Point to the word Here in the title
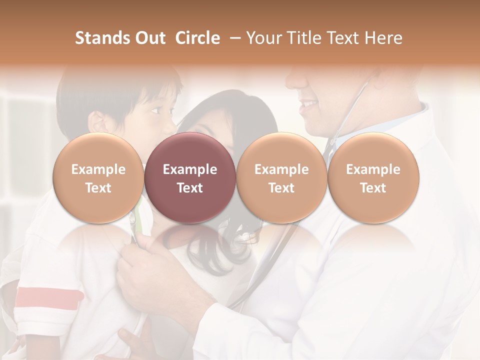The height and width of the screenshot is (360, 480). [384, 38]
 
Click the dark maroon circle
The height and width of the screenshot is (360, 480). [190, 178]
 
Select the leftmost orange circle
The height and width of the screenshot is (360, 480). [98, 178]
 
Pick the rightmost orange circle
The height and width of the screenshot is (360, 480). [373, 178]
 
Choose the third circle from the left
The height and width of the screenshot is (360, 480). [281, 178]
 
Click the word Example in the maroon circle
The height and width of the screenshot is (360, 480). [190, 169]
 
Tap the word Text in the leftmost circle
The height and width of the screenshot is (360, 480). [98, 188]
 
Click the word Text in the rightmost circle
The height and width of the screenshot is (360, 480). [373, 188]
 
